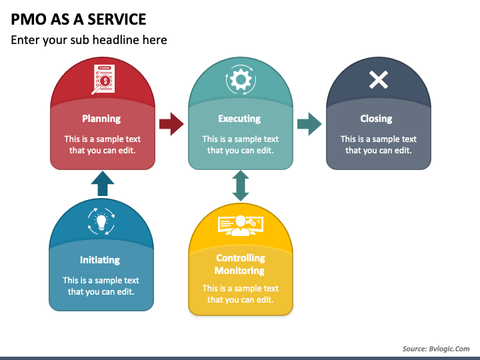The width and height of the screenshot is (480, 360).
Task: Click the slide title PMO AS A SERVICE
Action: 79,19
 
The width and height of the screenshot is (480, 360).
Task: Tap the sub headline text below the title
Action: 89,40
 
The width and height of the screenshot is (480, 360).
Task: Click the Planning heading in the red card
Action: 101,119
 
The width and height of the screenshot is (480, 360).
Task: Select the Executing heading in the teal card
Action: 239,119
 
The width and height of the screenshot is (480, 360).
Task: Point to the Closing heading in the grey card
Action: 376,119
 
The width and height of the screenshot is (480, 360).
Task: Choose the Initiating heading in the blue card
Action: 100,260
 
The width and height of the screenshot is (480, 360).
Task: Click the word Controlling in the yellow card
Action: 241,258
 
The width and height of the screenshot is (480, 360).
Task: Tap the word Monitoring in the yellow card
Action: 239,271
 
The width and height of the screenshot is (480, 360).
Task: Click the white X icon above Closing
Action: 379,80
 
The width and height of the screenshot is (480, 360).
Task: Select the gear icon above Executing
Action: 241,80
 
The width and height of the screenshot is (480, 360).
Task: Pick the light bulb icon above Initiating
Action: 101,221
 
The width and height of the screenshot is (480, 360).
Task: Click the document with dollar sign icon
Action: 103,79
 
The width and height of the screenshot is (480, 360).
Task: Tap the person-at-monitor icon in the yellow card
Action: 241,225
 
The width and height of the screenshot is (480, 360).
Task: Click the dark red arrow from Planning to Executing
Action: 171,124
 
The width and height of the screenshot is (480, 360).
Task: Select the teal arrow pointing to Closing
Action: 309,124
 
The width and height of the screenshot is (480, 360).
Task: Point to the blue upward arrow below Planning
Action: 103,184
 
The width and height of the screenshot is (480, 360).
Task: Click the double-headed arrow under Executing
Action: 241,186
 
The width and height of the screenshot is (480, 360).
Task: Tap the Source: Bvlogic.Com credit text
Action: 436,349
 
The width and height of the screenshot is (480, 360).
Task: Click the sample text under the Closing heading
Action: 379,145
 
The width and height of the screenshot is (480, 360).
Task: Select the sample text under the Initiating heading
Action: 101,286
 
